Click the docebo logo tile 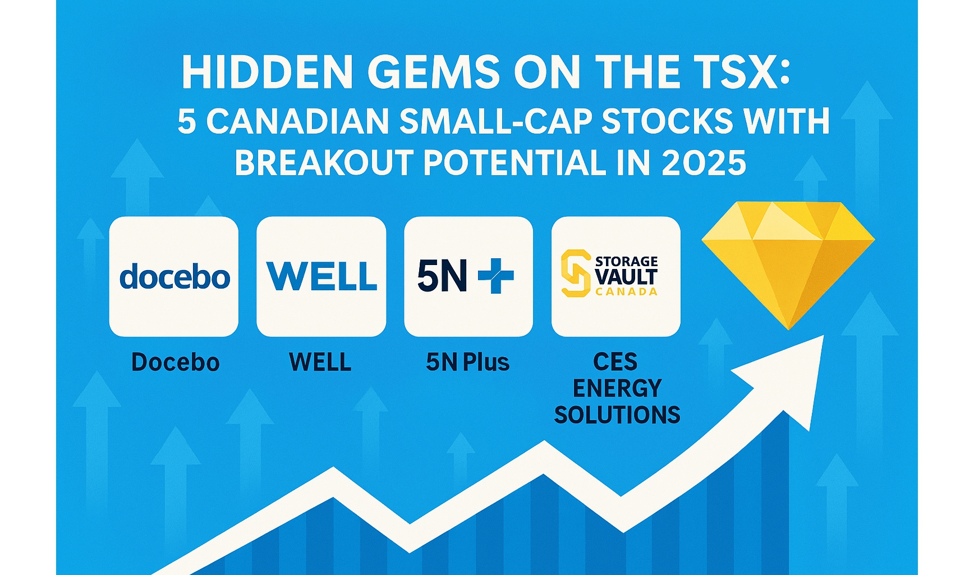pos(174,276)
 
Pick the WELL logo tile pos(321,276)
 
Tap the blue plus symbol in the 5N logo pos(495,275)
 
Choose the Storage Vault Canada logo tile pos(616,276)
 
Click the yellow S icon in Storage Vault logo pos(576,273)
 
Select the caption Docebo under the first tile pos(175,362)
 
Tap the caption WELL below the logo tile pos(320,362)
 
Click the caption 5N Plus pos(468,363)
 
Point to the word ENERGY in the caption pos(617,389)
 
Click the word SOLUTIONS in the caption pos(617,415)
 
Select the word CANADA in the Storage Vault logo pos(626,292)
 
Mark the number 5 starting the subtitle pos(187,121)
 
